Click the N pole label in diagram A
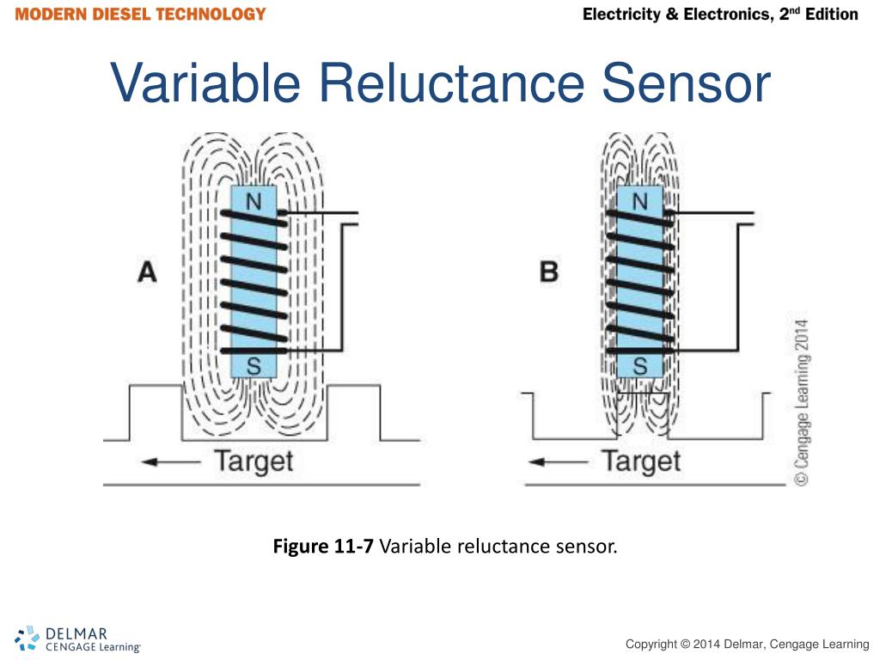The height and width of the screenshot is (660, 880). click(x=254, y=201)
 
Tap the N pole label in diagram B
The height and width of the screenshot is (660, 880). click(x=640, y=201)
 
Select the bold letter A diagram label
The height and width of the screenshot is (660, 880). click(x=148, y=273)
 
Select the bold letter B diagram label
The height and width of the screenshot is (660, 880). click(x=548, y=273)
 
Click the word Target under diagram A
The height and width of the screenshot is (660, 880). click(x=254, y=461)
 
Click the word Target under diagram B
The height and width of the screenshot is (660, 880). click(x=641, y=461)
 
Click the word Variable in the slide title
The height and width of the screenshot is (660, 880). click(x=205, y=83)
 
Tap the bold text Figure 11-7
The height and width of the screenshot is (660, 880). click(x=323, y=547)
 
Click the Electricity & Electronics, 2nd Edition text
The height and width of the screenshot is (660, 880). click(x=720, y=15)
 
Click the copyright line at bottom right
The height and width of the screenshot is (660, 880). click(x=747, y=645)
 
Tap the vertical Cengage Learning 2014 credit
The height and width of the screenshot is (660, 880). click(x=800, y=404)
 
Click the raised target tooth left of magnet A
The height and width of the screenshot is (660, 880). click(x=155, y=412)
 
